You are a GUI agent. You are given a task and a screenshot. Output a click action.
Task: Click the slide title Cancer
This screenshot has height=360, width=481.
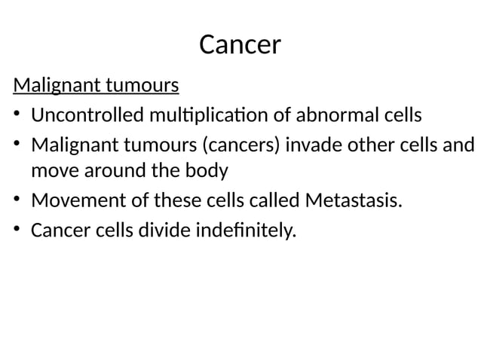tap(240, 45)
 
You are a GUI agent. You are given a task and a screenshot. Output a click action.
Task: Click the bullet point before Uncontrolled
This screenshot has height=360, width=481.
tap(17, 116)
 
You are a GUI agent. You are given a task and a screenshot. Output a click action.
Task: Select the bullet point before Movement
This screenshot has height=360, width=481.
tap(17, 201)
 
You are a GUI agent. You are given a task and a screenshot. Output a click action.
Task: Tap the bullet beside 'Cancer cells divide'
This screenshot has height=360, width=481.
tap(17, 230)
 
